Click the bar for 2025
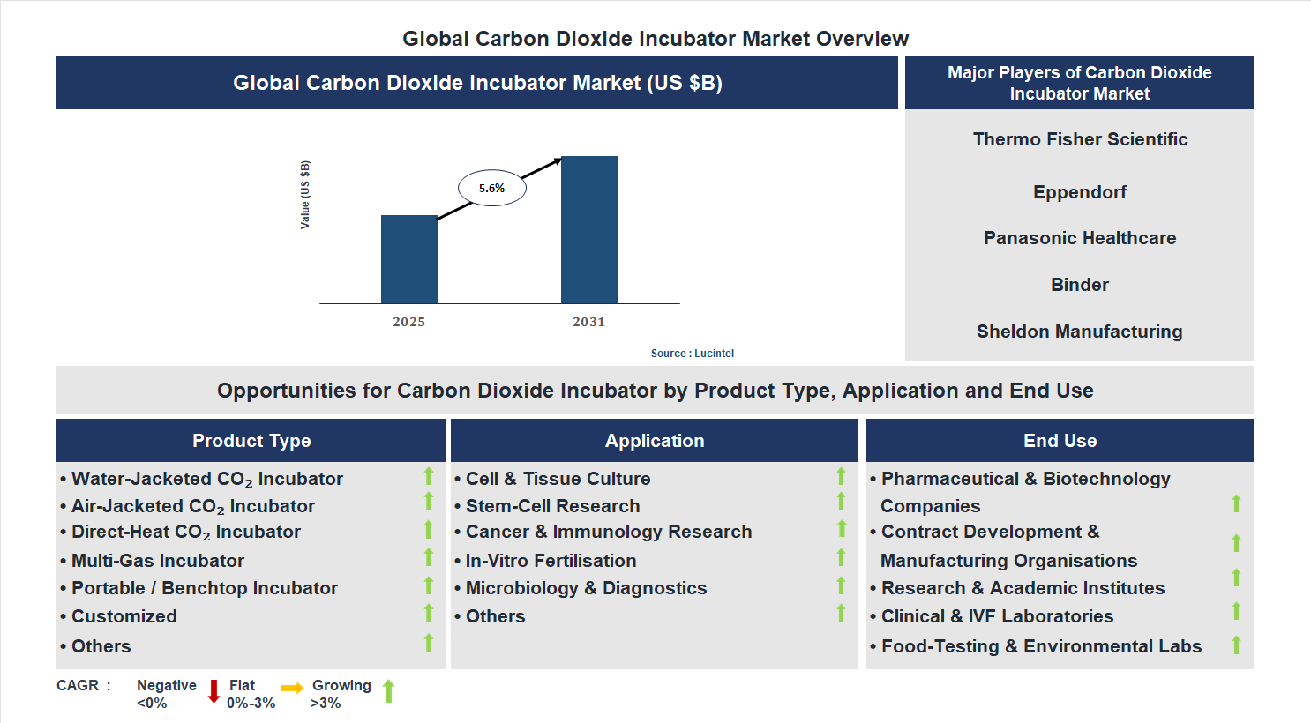tap(408, 259)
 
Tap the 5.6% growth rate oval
tap(491, 188)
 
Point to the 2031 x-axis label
tap(588, 322)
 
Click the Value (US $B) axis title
tap(305, 195)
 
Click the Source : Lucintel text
tap(692, 354)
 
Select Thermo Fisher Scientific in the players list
tap(1080, 139)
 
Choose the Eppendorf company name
tap(1080, 192)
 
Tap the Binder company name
tap(1080, 285)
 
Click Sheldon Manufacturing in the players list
tap(1080, 332)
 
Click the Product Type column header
tap(251, 441)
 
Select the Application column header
tap(655, 441)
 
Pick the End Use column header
tap(1060, 441)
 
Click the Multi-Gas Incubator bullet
tap(158, 561)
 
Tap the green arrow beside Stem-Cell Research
tap(841, 502)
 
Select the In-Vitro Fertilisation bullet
tap(551, 561)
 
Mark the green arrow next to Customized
tap(428, 613)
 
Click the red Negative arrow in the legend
tap(214, 691)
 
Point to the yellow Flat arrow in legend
tap(291, 688)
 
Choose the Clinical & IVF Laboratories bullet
tap(997, 616)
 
